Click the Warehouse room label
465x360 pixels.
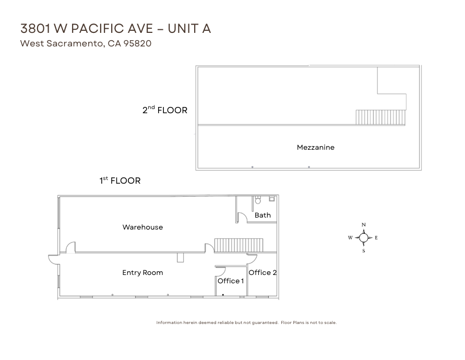(142, 227)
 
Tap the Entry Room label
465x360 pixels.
(142, 272)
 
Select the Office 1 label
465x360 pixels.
(231, 281)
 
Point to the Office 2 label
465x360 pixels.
(263, 272)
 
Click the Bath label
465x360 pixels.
(263, 215)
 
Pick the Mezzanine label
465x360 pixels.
(316, 147)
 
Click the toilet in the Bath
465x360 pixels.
(258, 200)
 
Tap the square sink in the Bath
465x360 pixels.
(272, 199)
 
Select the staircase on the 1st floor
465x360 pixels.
(239, 245)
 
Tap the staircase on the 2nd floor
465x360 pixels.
(380, 117)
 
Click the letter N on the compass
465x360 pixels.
(364, 225)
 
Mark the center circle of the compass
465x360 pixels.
(364, 237)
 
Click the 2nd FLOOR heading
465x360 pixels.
(165, 110)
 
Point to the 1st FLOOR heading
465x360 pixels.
(120, 181)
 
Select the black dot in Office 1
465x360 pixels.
(223, 295)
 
